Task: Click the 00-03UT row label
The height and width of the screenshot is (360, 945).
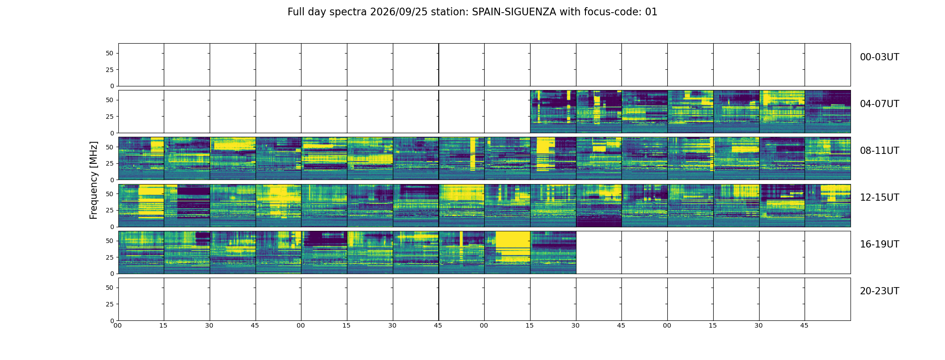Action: click(879, 57)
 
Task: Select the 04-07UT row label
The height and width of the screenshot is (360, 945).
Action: click(879, 104)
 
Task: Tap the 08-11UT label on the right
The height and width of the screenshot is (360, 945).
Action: click(879, 151)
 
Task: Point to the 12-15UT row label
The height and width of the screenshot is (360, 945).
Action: click(879, 198)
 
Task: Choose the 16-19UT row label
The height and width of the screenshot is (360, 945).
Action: click(879, 244)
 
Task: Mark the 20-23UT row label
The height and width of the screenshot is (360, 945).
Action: click(879, 291)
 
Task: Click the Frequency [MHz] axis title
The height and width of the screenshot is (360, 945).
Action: click(94, 180)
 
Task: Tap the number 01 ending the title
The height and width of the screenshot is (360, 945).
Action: click(651, 12)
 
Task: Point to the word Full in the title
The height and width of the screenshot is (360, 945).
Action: click(296, 12)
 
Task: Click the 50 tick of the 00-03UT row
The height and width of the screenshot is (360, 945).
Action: click(109, 53)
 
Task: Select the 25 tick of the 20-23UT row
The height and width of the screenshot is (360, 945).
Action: click(109, 304)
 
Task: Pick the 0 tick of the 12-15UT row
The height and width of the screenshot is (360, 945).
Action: click(112, 227)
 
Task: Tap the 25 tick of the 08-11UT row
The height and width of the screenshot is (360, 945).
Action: click(109, 163)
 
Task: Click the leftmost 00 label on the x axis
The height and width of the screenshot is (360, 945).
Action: click(117, 325)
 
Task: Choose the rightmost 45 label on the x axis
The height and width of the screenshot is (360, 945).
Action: click(804, 325)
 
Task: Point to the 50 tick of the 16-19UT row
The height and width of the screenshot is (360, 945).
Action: click(109, 241)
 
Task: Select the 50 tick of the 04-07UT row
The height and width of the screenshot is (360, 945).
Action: click(109, 100)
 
